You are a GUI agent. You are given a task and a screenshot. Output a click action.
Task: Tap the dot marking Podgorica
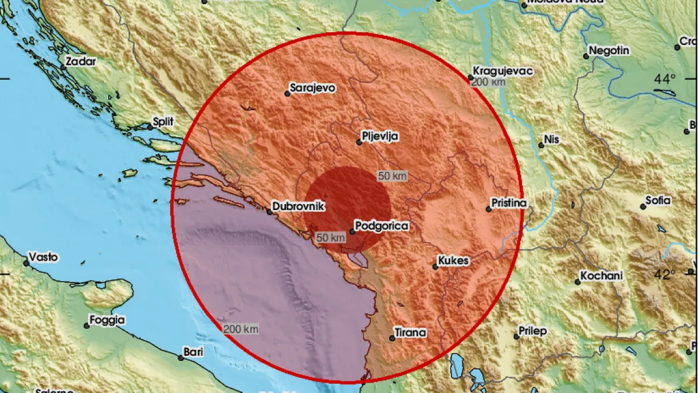pyautogui.click(x=352, y=231)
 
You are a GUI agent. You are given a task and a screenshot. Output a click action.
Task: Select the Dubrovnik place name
pyautogui.click(x=299, y=206)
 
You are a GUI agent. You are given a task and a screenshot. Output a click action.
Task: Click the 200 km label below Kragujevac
pyautogui.click(x=488, y=82)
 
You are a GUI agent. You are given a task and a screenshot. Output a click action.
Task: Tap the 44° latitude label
pyautogui.click(x=665, y=79)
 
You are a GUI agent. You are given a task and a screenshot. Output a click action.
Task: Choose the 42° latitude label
pyautogui.click(x=665, y=274)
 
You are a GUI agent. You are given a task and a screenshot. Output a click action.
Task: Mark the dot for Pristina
pyautogui.click(x=488, y=209)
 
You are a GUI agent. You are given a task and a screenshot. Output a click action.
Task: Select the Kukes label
pyautogui.click(x=455, y=261)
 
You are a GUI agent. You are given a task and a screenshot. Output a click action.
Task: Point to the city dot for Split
pyautogui.click(x=147, y=127)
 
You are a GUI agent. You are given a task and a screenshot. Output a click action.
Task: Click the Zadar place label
pyautogui.click(x=81, y=60)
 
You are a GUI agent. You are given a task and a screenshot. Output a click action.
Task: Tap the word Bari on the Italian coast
pyautogui.click(x=193, y=352)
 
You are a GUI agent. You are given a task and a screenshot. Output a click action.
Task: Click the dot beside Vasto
pyautogui.click(x=26, y=263)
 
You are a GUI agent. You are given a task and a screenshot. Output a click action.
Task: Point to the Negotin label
pyautogui.click(x=609, y=51)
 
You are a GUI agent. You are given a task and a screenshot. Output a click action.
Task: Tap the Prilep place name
pyautogui.click(x=534, y=331)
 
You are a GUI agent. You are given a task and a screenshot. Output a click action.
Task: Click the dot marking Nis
pyautogui.click(x=541, y=145)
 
